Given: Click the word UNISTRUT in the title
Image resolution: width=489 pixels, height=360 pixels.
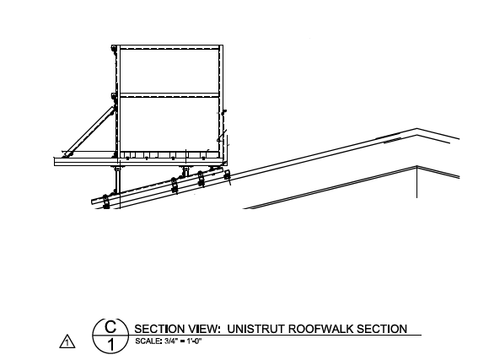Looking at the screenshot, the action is click(x=255, y=329).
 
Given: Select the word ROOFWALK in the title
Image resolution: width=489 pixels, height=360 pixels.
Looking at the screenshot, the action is click(x=320, y=329).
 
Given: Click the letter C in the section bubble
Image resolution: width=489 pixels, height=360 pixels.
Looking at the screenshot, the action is click(x=110, y=326).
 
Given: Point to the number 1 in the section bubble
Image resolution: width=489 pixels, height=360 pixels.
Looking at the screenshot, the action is click(x=110, y=346).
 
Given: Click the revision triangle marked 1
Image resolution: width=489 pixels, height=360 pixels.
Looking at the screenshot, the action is click(x=67, y=341).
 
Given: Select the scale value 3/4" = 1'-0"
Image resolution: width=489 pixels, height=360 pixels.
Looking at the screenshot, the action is click(x=183, y=341).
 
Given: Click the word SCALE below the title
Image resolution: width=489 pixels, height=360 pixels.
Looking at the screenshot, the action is click(x=148, y=341).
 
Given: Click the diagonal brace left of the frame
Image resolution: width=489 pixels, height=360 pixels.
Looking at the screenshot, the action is click(x=89, y=132).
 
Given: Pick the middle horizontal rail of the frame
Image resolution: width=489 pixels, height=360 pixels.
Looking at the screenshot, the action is click(x=169, y=94).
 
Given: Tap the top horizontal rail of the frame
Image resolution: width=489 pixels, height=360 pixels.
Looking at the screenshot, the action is click(x=169, y=47).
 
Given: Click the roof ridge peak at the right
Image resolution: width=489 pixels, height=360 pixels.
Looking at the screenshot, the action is click(x=417, y=129).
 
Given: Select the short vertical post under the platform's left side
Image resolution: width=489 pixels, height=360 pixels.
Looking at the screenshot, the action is click(x=117, y=180).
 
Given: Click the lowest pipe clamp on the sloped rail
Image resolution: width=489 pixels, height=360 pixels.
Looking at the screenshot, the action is click(x=106, y=201).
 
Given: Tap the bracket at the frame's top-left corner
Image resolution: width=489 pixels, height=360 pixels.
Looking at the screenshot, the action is click(x=114, y=49).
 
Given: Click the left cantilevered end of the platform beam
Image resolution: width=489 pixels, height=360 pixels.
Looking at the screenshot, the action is click(x=55, y=162).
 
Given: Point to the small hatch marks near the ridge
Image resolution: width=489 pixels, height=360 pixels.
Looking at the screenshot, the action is click(x=392, y=142).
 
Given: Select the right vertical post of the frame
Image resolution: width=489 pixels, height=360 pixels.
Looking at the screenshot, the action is click(x=221, y=102).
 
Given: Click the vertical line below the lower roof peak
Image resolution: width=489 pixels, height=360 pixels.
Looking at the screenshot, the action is click(x=417, y=182).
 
